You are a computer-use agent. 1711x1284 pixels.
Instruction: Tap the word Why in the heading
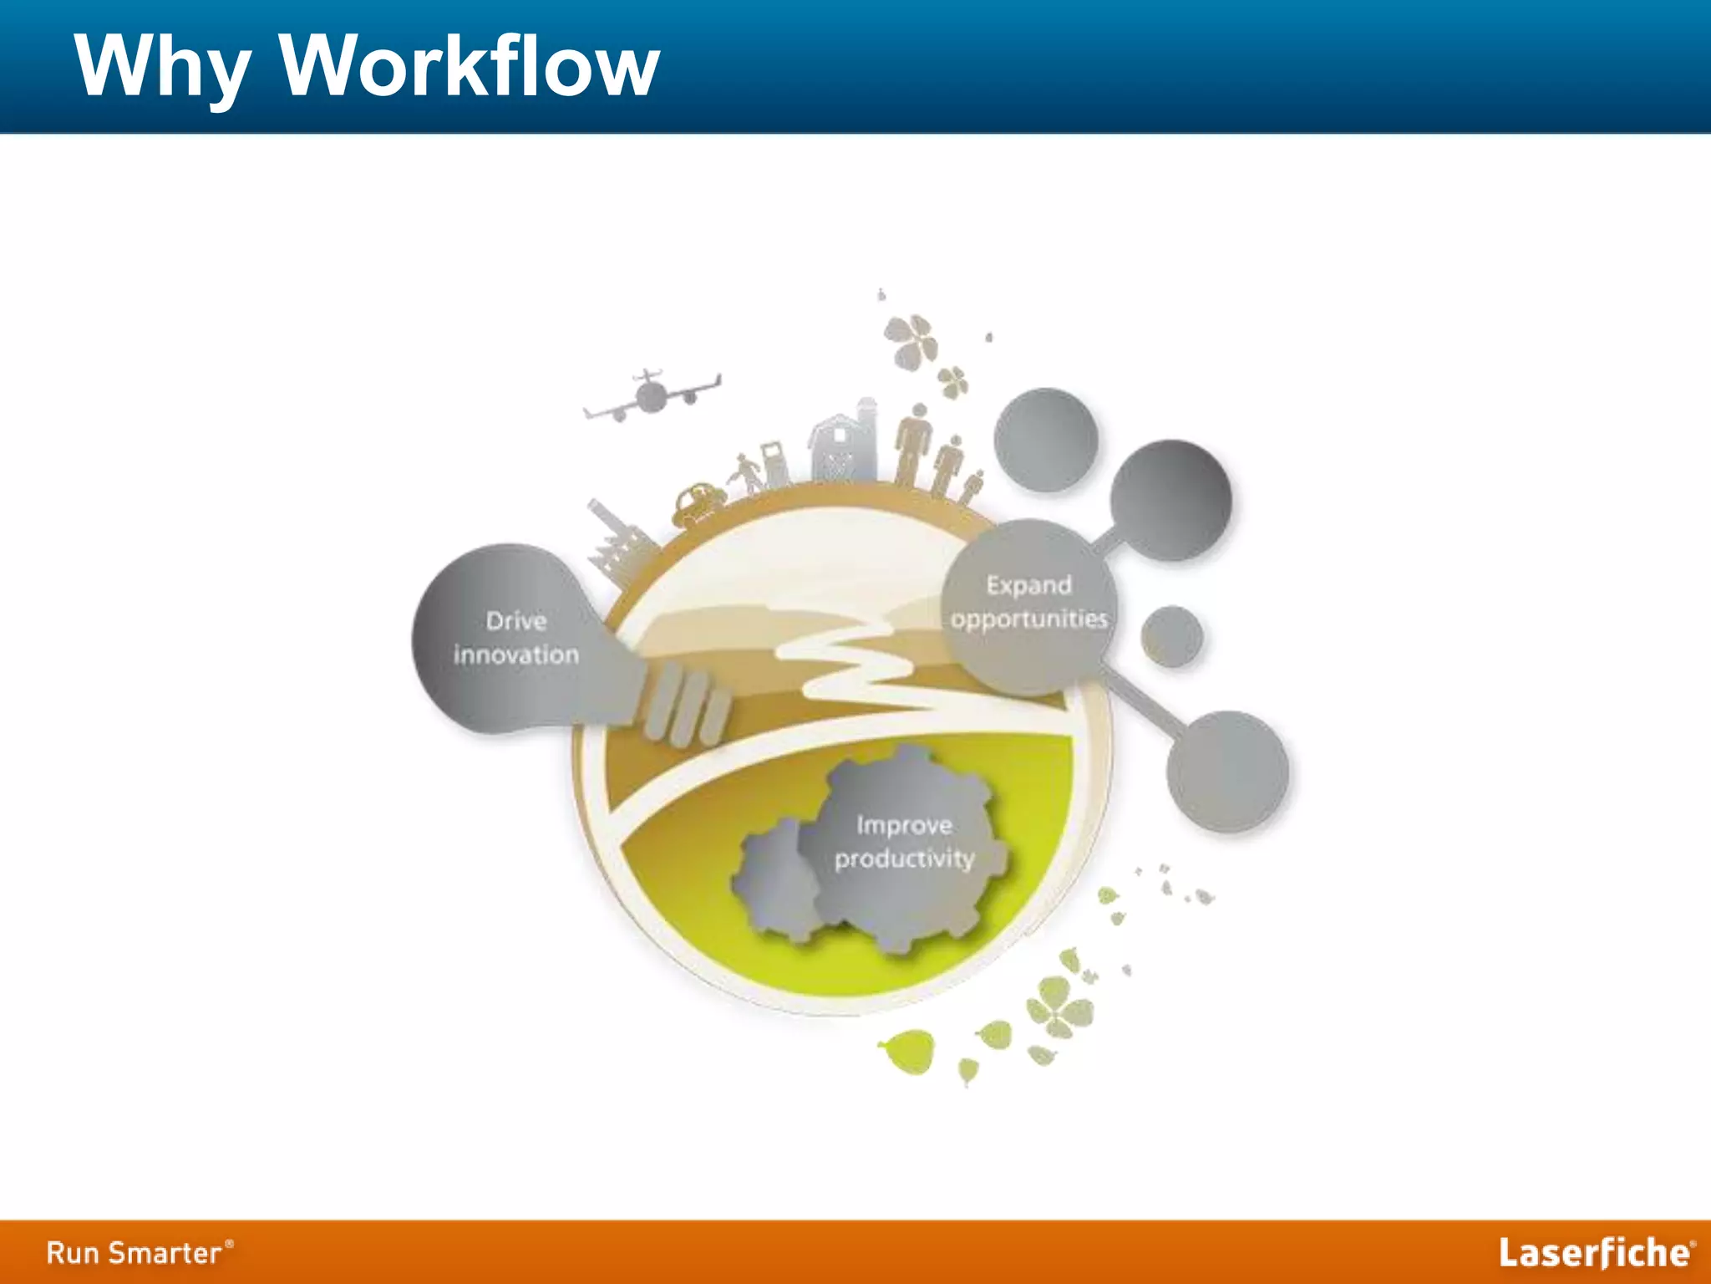click(x=163, y=67)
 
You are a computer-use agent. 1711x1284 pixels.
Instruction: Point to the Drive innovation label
click(x=515, y=638)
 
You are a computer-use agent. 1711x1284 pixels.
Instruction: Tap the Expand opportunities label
click(x=1028, y=602)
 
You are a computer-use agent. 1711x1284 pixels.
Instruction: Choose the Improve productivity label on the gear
click(x=904, y=842)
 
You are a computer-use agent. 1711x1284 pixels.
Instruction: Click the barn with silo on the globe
click(x=842, y=443)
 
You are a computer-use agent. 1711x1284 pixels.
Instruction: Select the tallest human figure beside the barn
click(x=916, y=444)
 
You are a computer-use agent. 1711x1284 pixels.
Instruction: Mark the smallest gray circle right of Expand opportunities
click(x=1171, y=637)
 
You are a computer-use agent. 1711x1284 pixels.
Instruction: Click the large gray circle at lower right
click(x=1227, y=771)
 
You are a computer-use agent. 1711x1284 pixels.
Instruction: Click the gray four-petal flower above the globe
click(x=912, y=339)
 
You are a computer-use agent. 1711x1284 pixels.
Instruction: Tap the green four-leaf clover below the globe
click(x=1059, y=1007)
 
